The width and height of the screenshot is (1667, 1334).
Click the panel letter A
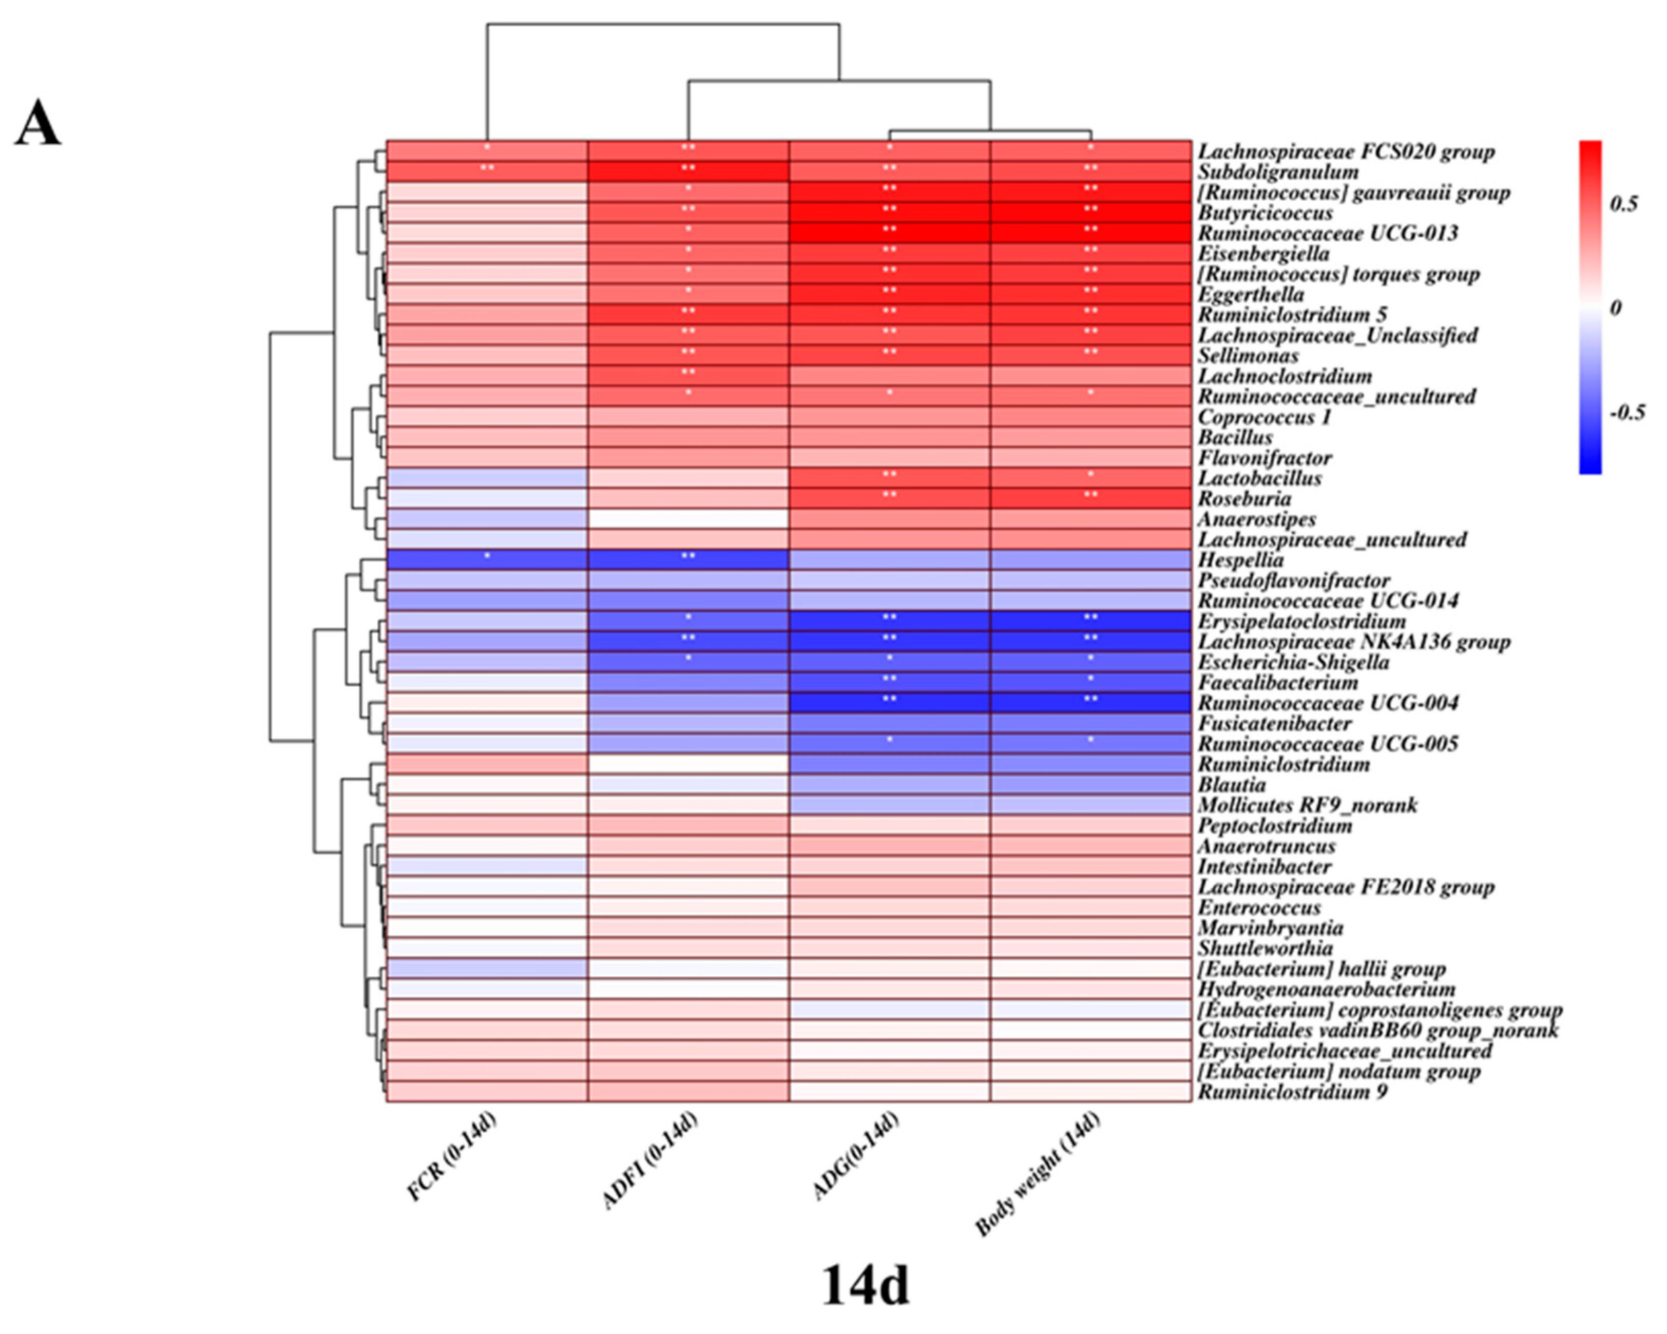pyautogui.click(x=37, y=124)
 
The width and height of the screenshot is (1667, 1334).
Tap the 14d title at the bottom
pyautogui.click(x=865, y=1285)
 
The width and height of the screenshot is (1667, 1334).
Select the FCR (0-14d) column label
pyautogui.click(x=452, y=1157)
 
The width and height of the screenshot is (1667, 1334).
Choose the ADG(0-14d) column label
pyautogui.click(x=856, y=1156)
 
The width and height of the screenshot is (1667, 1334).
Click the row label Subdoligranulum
pyautogui.click(x=1278, y=171)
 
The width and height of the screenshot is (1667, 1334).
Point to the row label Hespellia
pyautogui.click(x=1241, y=560)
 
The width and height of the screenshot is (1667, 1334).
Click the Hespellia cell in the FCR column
pyautogui.click(x=487, y=559)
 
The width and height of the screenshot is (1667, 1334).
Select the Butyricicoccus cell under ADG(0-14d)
pyautogui.click(x=889, y=212)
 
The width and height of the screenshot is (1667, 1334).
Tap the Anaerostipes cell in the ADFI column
pyautogui.click(x=688, y=518)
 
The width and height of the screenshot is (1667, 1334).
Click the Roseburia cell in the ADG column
pyautogui.click(x=889, y=498)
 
